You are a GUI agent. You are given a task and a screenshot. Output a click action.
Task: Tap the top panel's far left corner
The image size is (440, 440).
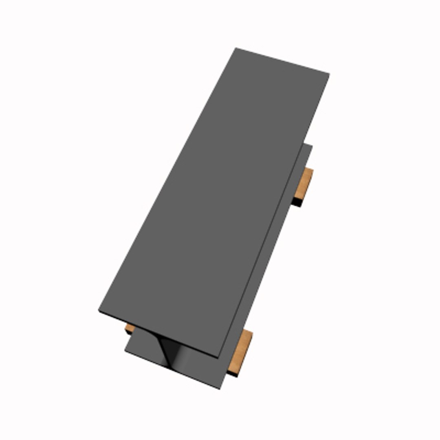[x=235, y=48]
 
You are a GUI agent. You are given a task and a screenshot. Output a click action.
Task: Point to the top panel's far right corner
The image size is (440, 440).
[x=329, y=74]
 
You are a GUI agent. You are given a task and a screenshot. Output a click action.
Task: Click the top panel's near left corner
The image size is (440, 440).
[x=99, y=311]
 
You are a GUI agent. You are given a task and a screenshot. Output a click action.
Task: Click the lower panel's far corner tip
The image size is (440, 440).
[x=312, y=146]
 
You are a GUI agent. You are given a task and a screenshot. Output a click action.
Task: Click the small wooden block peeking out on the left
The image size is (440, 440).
[x=130, y=328]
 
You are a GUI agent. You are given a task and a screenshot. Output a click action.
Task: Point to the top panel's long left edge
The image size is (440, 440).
[x=167, y=179]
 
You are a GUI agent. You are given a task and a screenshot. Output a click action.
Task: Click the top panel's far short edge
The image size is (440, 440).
[x=282, y=61]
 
